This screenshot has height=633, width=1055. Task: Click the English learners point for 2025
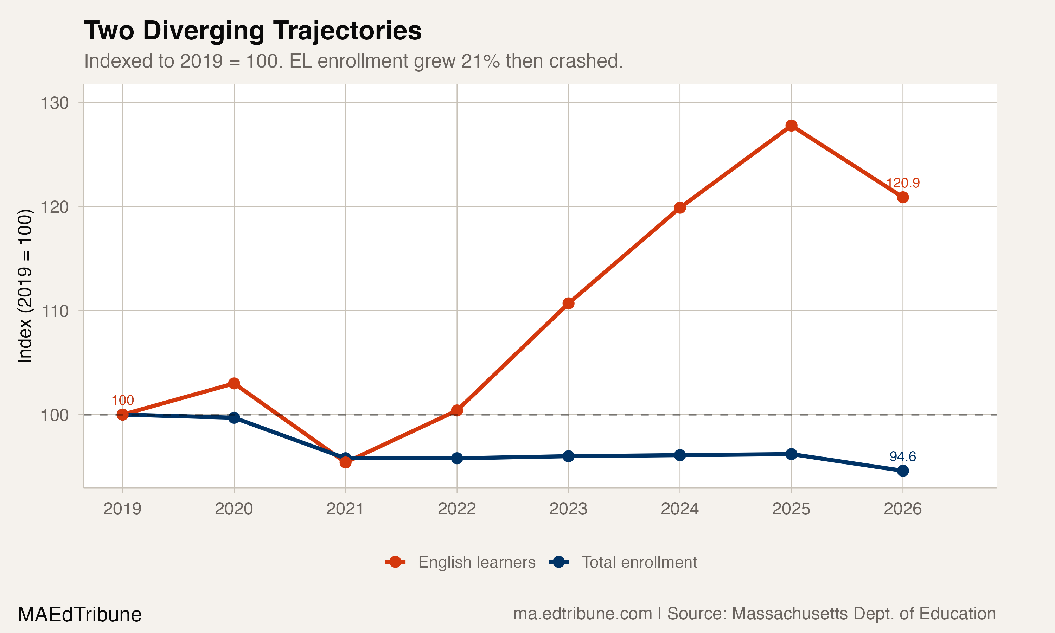click(x=791, y=126)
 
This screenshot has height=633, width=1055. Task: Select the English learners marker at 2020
click(x=234, y=383)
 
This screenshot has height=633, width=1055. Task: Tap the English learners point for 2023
click(x=568, y=303)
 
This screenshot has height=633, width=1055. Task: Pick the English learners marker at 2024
click(x=680, y=208)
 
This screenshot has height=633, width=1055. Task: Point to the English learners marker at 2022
click(x=457, y=410)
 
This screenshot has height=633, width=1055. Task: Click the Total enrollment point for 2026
click(x=903, y=471)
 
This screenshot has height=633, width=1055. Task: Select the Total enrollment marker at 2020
click(x=234, y=417)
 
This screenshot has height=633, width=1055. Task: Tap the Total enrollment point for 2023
click(x=568, y=456)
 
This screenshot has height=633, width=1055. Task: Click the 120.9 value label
click(x=903, y=183)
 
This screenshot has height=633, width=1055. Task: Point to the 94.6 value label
click(x=903, y=456)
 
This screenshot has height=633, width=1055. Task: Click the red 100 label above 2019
click(x=122, y=400)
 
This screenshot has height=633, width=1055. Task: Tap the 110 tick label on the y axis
click(x=54, y=311)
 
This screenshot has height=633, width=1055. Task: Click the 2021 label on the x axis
click(x=345, y=509)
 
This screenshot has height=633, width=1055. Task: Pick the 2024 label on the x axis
click(x=680, y=509)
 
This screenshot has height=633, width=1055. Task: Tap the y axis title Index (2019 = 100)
click(x=25, y=286)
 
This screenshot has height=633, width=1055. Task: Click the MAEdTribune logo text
click(x=80, y=615)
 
